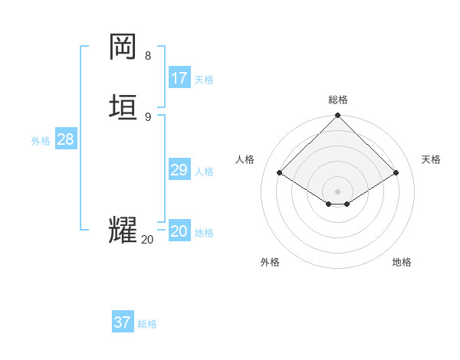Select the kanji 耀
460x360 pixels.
123,230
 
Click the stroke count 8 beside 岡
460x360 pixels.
148,55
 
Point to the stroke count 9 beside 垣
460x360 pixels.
148,116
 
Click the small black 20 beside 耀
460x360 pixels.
147,240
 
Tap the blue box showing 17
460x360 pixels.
179,78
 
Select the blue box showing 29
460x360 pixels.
179,170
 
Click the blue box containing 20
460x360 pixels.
179,231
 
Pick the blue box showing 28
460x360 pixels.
66,139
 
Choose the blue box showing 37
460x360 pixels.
123,322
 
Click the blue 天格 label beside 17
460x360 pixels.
204,79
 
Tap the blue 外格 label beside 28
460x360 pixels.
41,141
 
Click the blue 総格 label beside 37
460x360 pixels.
147,324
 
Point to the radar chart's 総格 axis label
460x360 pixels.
338,100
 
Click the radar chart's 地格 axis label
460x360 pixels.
402,262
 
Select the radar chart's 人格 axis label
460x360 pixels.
245,159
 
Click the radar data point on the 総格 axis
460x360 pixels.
338,116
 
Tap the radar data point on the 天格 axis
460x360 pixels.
396,173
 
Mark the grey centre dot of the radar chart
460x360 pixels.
338,191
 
